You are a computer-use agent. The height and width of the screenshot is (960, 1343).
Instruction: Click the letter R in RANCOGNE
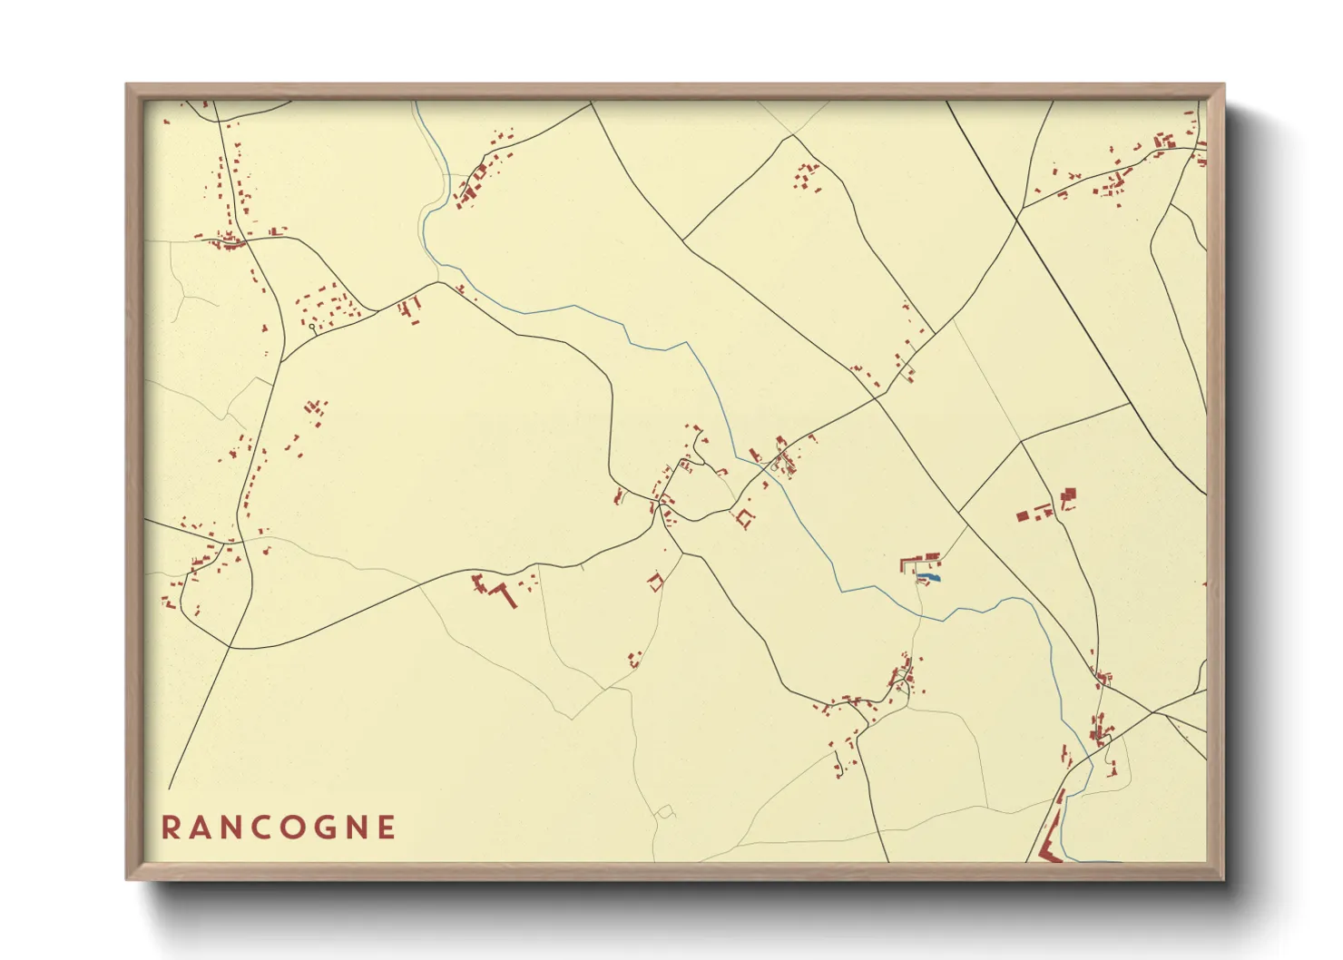click(170, 828)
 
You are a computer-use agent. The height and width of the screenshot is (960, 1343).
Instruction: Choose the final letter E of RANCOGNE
click(388, 828)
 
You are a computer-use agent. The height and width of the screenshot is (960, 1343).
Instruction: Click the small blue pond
click(929, 576)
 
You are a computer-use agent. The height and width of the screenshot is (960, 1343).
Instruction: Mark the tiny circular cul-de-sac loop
click(312, 327)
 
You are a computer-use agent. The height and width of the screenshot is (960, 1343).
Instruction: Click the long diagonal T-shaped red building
click(502, 594)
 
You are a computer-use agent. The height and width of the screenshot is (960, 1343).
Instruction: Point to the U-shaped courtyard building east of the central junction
click(746, 519)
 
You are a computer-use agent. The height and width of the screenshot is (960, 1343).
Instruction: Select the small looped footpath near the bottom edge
click(665, 811)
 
